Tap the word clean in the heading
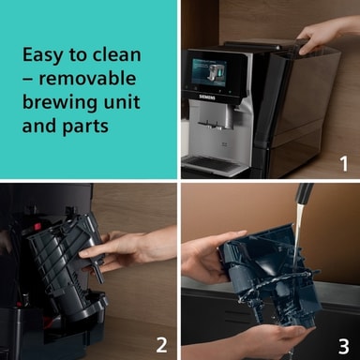(117, 54)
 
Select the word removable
(87, 78)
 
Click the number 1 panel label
(344, 164)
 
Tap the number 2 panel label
(161, 345)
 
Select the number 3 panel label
(343, 346)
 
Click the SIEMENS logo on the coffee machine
(207, 97)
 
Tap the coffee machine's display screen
(209, 72)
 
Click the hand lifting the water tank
(325, 34)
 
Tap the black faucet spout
(304, 194)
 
